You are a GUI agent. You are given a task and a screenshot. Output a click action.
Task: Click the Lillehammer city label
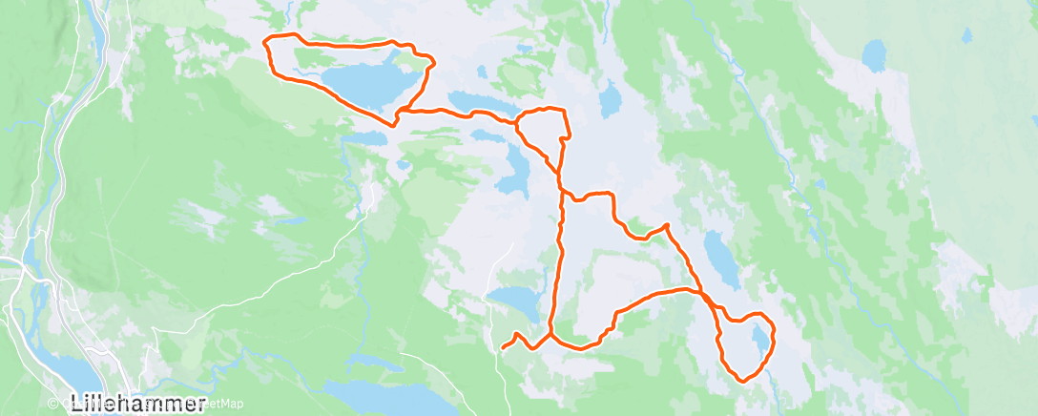pos(138,403)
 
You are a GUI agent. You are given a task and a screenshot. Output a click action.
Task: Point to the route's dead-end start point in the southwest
pos(502,348)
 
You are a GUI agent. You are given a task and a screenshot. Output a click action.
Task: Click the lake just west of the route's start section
pos(515,302)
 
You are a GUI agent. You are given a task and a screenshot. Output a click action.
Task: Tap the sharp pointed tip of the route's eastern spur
pos(666,225)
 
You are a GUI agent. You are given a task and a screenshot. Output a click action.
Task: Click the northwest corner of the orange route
pos(267,39)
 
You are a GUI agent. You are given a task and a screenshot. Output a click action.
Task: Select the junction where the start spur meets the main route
pos(551,335)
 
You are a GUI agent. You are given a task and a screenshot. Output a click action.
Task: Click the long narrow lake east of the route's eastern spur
pos(720,258)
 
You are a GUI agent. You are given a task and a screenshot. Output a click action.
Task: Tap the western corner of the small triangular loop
pos(516,123)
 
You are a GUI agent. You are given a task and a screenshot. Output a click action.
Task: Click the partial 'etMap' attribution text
pos(225,404)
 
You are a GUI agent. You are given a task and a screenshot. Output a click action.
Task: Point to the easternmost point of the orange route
pos(773,333)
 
